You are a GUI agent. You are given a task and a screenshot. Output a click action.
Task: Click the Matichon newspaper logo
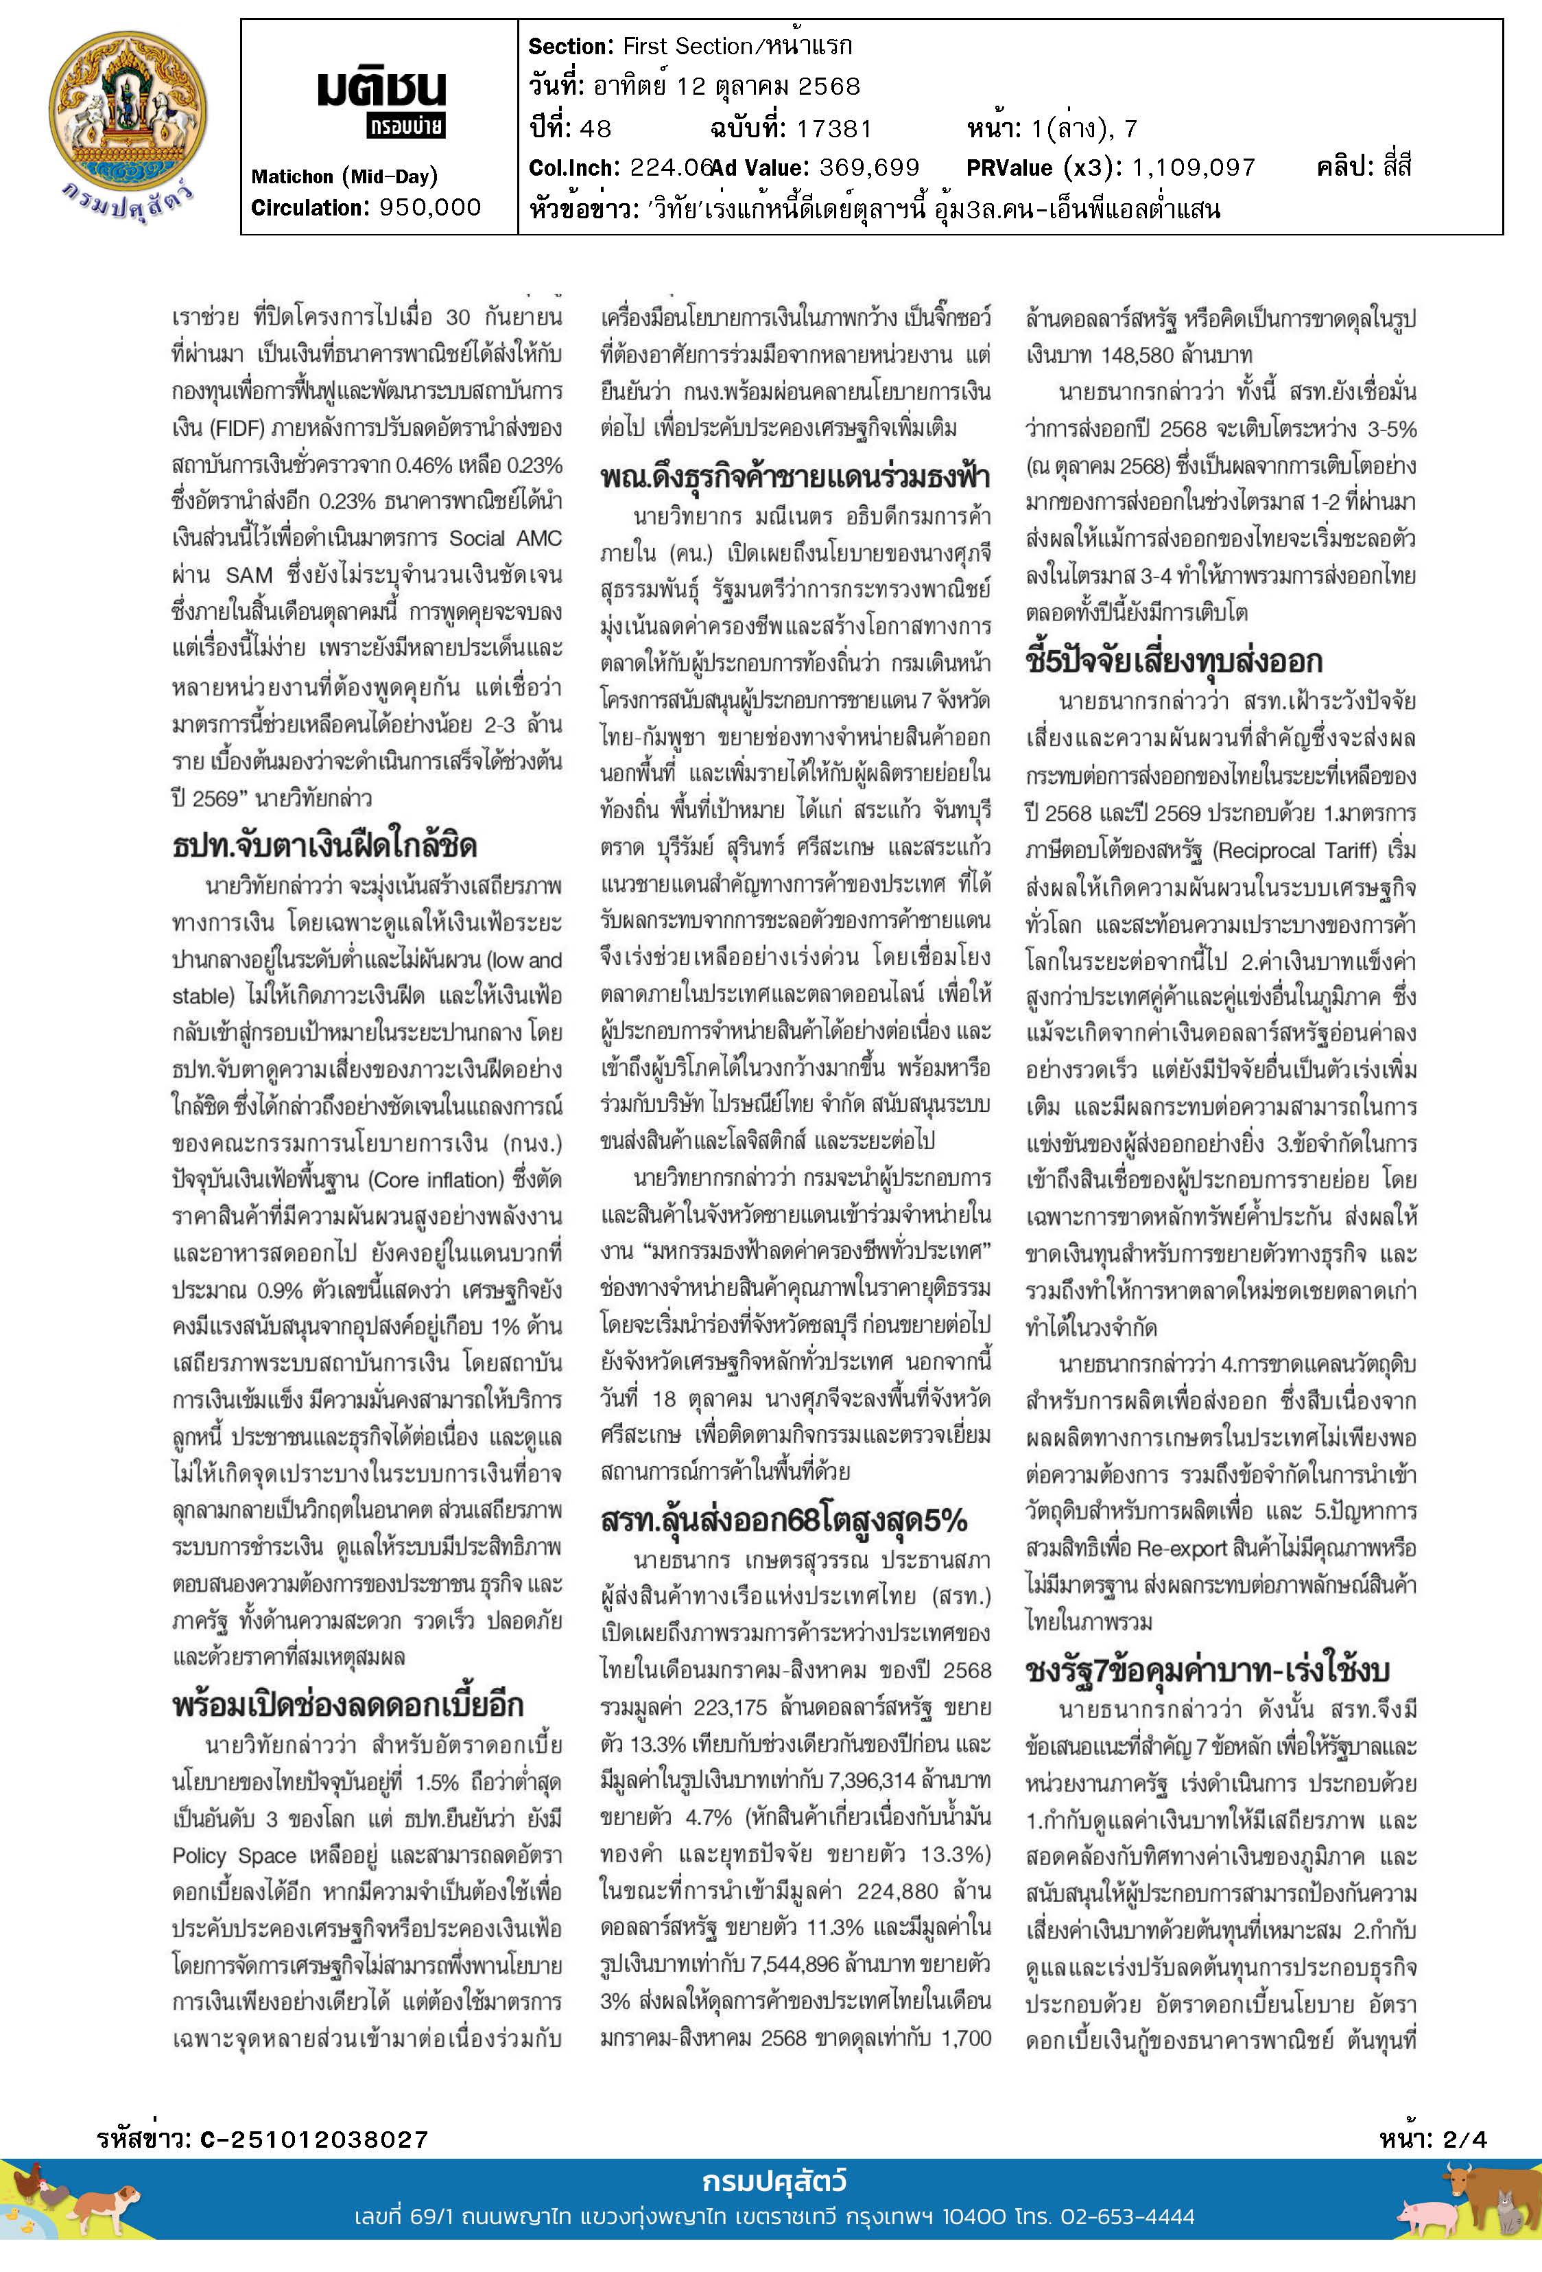[381, 102]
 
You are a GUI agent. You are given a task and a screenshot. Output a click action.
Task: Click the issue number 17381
[833, 128]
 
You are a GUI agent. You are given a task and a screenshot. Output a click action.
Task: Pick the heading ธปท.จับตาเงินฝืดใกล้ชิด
[324, 845]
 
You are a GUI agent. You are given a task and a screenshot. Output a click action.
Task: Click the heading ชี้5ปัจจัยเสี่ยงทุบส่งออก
[1174, 661]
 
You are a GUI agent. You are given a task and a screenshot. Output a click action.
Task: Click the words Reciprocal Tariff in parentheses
[1294, 850]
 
